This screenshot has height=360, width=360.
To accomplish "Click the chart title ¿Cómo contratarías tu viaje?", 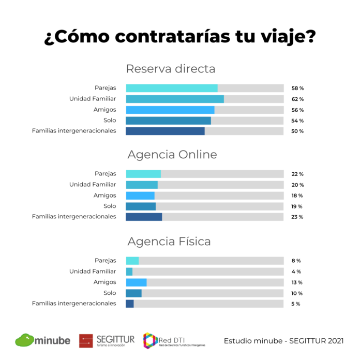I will [179, 38].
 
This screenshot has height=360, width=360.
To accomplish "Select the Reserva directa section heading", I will [170, 69].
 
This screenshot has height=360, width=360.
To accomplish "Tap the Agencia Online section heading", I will [172, 155].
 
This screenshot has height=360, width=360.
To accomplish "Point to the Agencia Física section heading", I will [169, 242].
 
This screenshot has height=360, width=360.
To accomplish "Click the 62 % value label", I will [297, 99].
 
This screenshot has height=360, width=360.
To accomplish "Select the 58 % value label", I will [297, 88].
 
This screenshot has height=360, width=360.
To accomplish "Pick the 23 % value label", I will [297, 217].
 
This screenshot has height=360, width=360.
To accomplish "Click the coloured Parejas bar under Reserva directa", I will [171, 88].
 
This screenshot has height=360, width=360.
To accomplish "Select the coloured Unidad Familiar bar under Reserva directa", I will [174, 99].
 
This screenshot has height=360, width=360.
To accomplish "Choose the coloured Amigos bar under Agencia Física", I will [136, 282].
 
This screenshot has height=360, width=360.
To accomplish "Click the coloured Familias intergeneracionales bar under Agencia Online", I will [144, 217].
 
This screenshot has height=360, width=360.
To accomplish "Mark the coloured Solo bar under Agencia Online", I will [140, 206].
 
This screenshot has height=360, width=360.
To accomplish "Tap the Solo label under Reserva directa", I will [110, 120].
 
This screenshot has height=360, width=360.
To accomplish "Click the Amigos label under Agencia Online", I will [105, 196].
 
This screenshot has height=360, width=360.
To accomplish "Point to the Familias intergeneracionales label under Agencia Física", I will [74, 304].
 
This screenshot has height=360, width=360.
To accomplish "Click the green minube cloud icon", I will [24, 340].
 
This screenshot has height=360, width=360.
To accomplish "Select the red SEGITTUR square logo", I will [86, 340].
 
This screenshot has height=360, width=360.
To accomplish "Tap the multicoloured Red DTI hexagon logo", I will [150, 340].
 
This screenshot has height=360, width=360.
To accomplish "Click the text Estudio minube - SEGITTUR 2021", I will [283, 341].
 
